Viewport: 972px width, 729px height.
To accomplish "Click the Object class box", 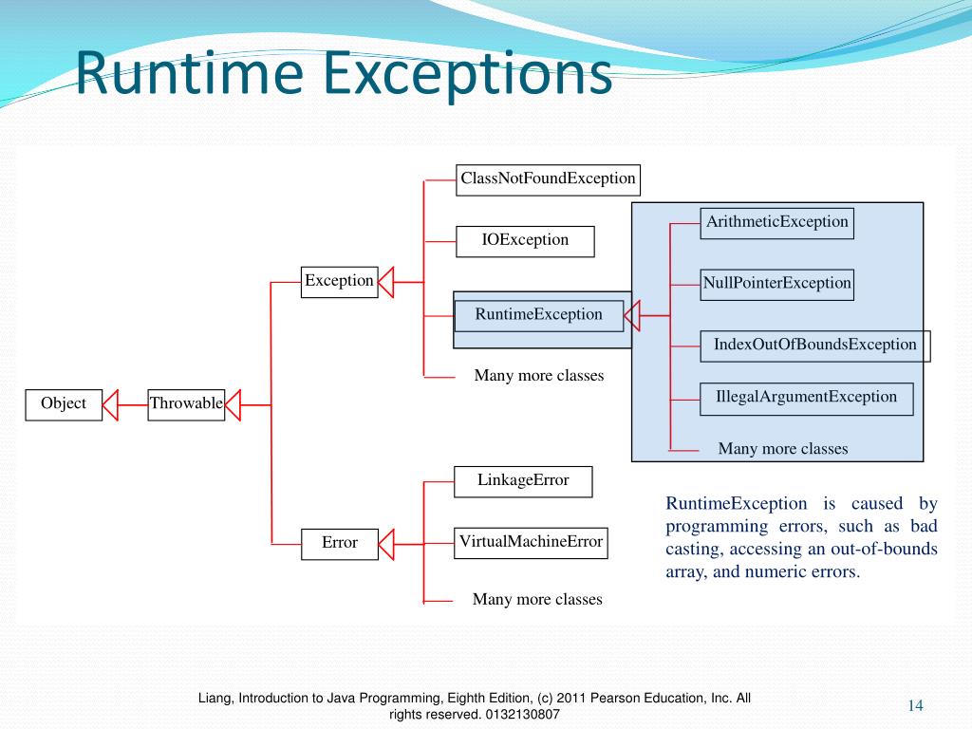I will point(64,404).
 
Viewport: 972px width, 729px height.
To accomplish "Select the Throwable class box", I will point(186,404).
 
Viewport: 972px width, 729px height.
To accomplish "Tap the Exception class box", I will point(339,282).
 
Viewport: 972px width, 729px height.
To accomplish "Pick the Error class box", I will point(339,544).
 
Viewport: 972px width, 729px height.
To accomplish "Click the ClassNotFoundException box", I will point(548,179).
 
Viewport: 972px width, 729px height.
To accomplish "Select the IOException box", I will point(525,241).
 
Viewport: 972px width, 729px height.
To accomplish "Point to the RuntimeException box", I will point(538,315).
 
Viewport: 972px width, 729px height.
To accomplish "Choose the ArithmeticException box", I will point(776,223).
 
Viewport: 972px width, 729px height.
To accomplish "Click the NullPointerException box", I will point(776,284).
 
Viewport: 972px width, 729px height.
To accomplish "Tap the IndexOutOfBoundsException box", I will point(815,346).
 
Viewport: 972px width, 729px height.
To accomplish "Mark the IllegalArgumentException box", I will point(806,399).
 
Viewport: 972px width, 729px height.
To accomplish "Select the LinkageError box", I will point(523,481).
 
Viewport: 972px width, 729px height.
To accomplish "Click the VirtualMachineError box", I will point(531,543).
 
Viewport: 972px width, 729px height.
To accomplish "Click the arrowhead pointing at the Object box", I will point(111,404).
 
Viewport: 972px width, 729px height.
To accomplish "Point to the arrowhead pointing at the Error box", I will point(386,544).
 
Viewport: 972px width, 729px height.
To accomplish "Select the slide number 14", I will point(915,704).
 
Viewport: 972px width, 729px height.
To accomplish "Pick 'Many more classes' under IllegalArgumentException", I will point(782,449).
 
